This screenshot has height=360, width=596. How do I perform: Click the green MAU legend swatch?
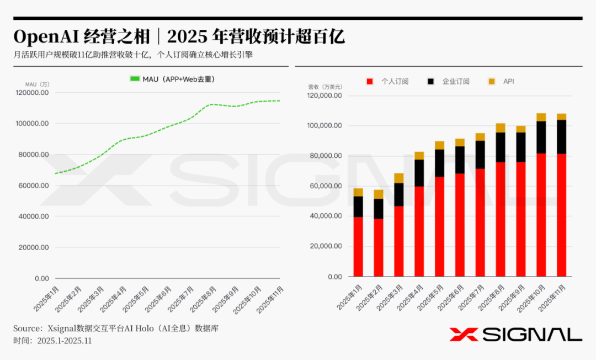[135, 79]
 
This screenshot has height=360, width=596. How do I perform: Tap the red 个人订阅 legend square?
[370, 82]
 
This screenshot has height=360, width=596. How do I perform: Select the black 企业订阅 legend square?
[430, 82]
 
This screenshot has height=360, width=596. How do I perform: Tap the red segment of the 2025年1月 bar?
[358, 246]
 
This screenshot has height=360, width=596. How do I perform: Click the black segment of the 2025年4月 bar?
[419, 173]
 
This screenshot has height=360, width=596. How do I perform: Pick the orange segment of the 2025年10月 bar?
[541, 117]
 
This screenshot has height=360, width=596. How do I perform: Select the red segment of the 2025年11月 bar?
[561, 215]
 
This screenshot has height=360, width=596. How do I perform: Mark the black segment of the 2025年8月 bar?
[500, 147]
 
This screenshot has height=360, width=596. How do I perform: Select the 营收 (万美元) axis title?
[325, 87]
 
